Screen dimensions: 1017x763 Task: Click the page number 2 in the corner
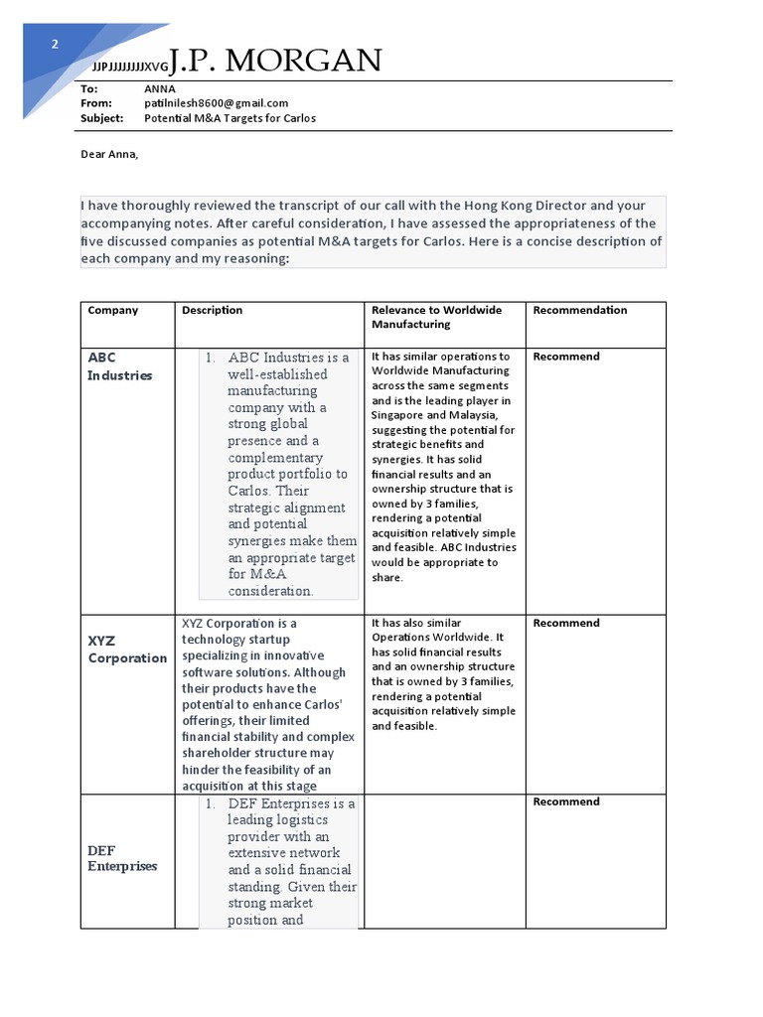tap(56, 44)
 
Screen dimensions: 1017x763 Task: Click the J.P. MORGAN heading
tap(275, 62)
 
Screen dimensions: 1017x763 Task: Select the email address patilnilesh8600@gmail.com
tap(216, 103)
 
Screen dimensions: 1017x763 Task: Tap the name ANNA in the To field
tap(160, 88)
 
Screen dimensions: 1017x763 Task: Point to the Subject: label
tap(102, 118)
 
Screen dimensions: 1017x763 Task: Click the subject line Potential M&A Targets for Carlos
tap(229, 118)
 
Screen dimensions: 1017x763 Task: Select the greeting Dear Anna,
tap(110, 154)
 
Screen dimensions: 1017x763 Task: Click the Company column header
tap(113, 310)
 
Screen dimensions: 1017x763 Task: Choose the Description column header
tap(212, 310)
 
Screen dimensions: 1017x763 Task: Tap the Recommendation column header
tap(580, 310)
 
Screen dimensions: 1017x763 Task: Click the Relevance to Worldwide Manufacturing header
tap(437, 317)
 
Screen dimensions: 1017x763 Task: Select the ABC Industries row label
tap(120, 365)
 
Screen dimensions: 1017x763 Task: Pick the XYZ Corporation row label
tap(127, 650)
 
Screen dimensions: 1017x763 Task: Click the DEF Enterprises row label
tap(122, 858)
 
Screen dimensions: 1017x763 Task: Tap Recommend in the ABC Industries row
tap(566, 357)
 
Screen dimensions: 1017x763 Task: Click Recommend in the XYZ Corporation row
tap(566, 624)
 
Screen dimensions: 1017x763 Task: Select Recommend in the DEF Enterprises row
tap(566, 801)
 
